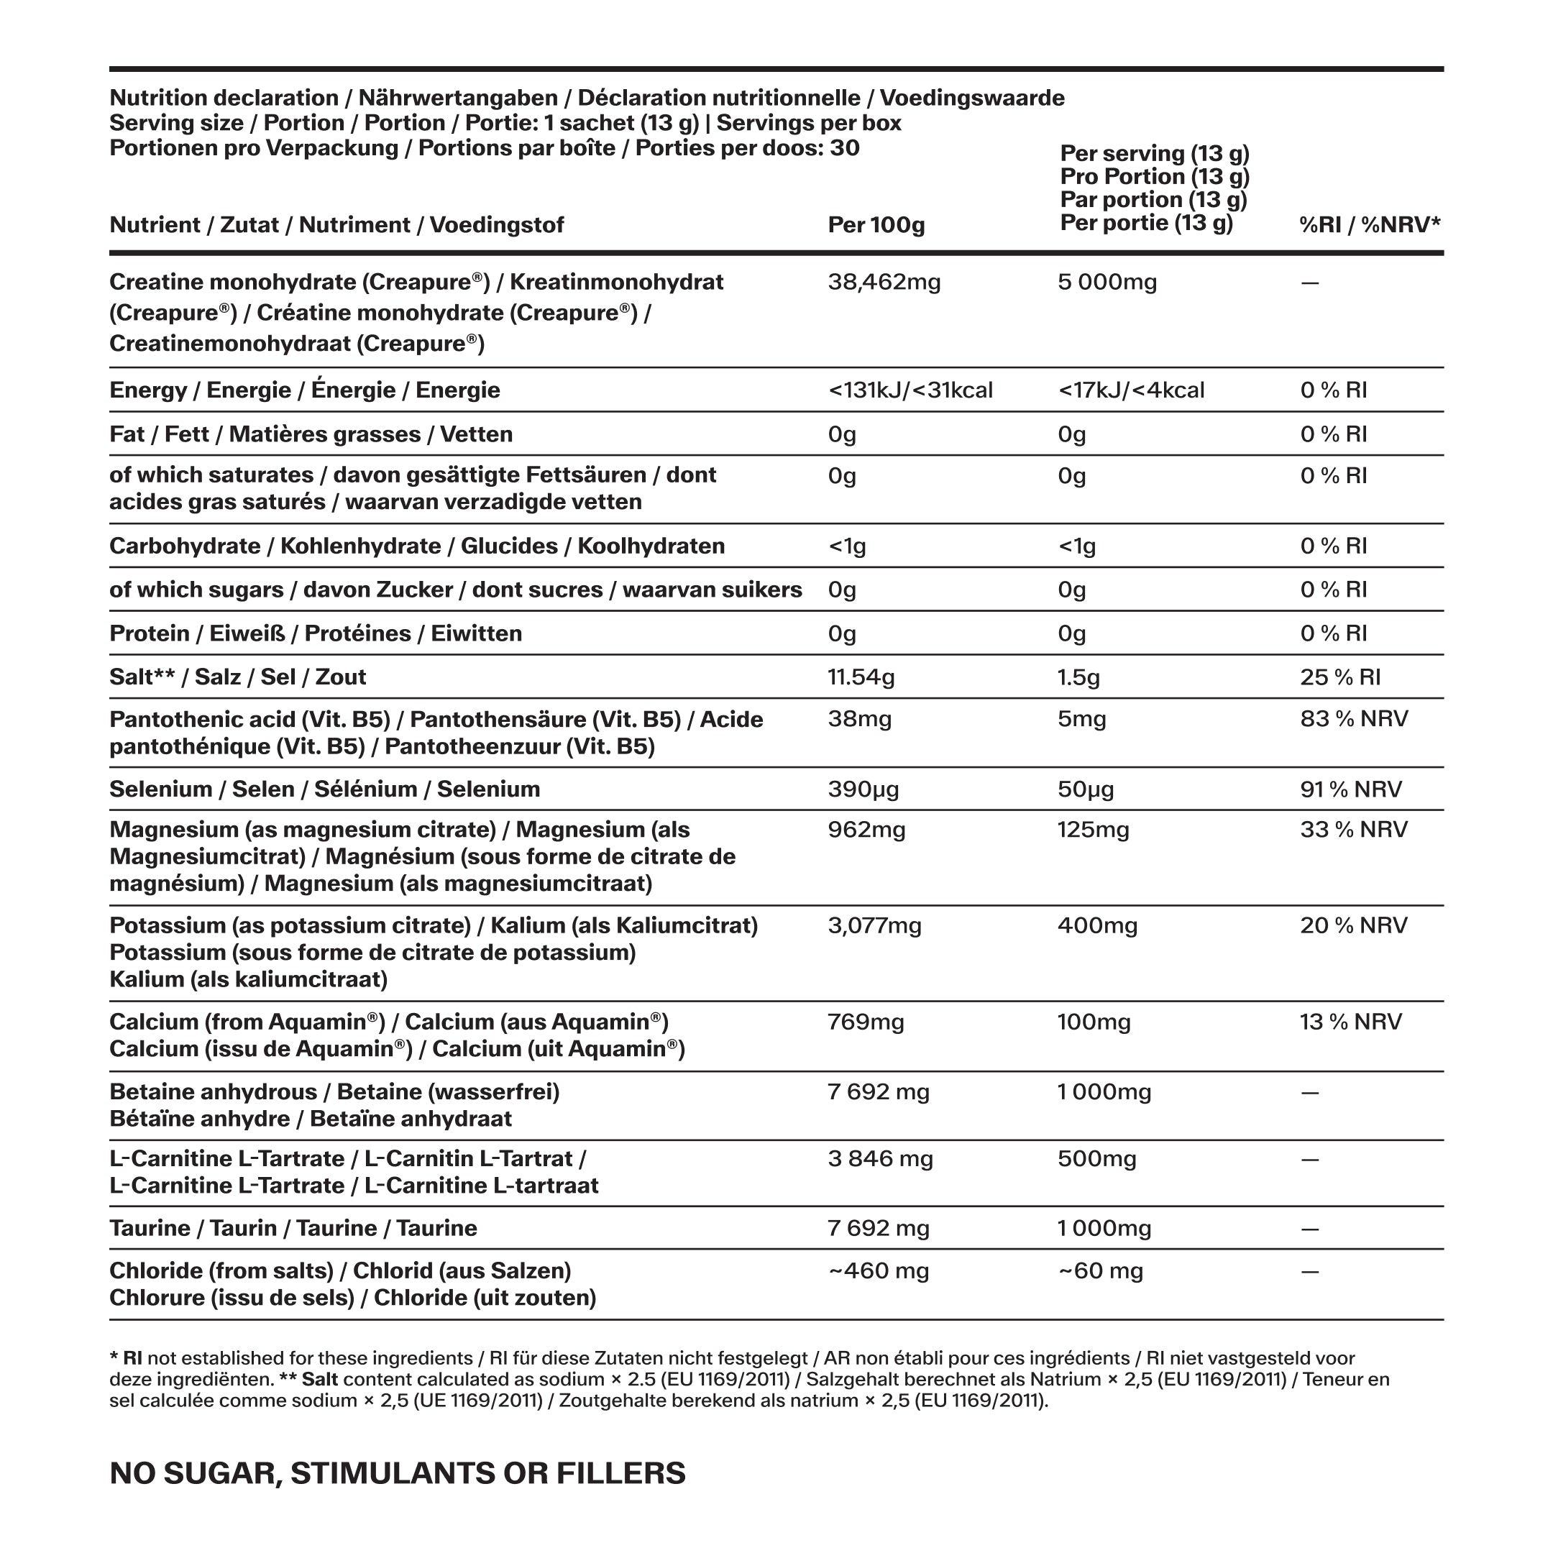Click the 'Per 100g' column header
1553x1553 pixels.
coord(876,225)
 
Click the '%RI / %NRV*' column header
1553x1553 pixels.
coord(1370,225)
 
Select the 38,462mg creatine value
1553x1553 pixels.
coord(884,282)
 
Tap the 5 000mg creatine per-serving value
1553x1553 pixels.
coord(1108,282)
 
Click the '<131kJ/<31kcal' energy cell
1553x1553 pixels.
coord(910,390)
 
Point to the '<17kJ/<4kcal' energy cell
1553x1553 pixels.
coord(1131,390)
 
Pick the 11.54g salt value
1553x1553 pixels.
coord(861,677)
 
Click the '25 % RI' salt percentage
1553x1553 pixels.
coord(1340,677)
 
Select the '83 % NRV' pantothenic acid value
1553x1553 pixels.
coord(1354,719)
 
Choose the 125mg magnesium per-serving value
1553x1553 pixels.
coord(1093,830)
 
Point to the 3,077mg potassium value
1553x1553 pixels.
coord(874,926)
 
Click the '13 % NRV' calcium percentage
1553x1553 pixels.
coord(1350,1022)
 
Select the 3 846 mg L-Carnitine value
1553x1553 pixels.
coord(880,1159)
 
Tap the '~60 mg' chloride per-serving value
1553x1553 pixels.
coord(1101,1271)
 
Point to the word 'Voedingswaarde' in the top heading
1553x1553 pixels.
coord(972,98)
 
